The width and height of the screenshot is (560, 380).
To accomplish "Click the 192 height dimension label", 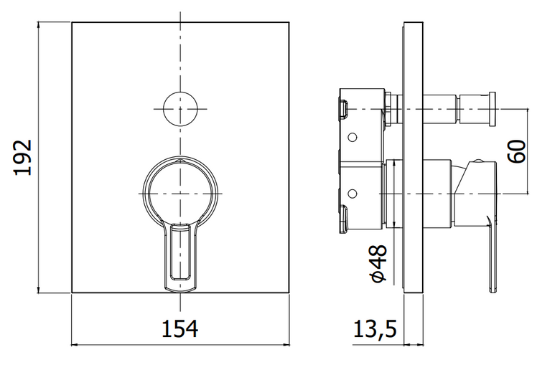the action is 23,157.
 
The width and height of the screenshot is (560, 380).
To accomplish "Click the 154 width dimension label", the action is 180,328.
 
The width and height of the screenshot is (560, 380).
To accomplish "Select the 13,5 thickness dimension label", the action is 375,328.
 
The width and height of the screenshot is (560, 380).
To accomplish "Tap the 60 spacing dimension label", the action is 517,151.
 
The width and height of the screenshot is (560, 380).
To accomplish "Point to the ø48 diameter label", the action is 378,264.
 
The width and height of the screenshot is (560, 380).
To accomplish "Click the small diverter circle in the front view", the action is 180,109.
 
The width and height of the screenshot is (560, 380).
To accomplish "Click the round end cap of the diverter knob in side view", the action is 492,109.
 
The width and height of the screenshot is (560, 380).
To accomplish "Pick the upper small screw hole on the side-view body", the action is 352,137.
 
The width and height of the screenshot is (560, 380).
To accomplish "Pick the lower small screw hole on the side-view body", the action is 352,194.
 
